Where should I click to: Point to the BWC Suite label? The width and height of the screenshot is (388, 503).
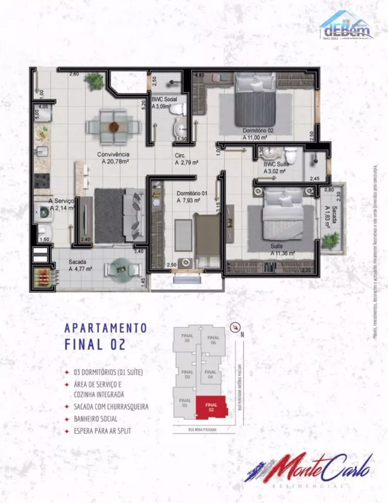click(275, 164)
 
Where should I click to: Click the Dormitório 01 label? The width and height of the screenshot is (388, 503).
click(192, 193)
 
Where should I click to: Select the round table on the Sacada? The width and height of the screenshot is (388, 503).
click(121, 268)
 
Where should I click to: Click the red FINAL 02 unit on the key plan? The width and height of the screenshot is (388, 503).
click(211, 406)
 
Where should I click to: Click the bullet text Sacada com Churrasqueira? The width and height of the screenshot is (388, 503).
click(111, 406)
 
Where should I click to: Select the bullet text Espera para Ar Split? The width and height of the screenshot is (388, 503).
click(105, 431)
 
